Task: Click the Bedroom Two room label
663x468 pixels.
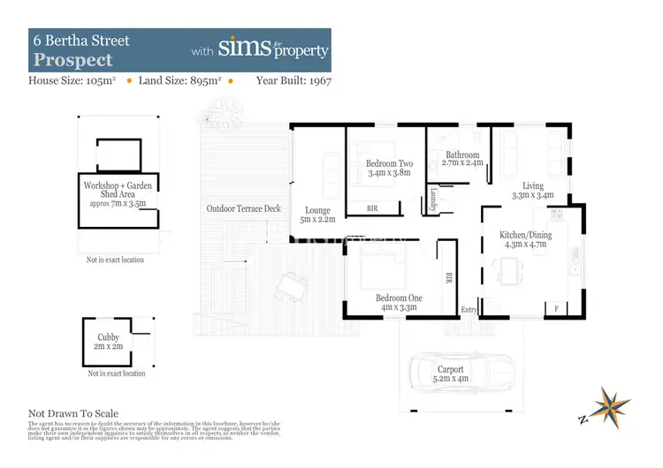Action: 389,163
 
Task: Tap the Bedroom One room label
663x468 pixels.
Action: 399,298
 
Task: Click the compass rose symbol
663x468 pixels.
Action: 613,404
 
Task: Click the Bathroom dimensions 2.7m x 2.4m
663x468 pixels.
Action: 462,163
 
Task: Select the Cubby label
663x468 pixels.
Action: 108,336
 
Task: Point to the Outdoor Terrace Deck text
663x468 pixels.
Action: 243,209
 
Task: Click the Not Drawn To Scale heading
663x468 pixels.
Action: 73,413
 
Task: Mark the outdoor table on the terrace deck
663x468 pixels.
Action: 291,285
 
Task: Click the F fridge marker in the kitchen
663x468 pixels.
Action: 556,308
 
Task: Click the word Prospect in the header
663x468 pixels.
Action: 73,60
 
